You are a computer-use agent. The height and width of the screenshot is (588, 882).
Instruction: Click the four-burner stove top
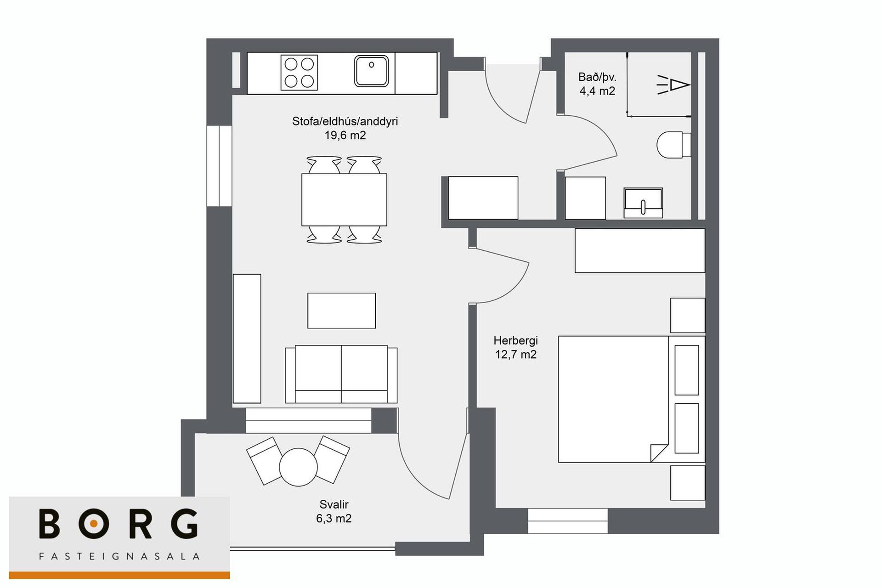(299, 73)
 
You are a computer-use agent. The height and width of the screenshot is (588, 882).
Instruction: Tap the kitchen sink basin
(372, 71)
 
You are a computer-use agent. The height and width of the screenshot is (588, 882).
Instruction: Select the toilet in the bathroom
(674, 145)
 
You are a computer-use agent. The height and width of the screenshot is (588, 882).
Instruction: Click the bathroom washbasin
(643, 203)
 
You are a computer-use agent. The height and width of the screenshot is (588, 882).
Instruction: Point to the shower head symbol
(674, 85)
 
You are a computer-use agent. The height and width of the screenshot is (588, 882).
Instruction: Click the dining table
(344, 200)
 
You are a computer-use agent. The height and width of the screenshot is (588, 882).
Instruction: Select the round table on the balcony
(299, 467)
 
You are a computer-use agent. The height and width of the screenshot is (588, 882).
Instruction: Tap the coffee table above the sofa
(342, 311)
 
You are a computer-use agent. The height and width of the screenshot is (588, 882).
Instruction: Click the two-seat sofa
(341, 374)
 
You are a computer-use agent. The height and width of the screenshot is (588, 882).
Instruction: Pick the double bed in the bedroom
(632, 399)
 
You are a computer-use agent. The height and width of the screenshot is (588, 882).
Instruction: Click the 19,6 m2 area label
(345, 136)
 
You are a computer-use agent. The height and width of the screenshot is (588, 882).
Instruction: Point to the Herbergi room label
(515, 341)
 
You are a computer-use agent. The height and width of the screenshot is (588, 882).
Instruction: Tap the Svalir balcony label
(334, 504)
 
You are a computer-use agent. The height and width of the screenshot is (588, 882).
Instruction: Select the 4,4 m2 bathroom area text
(597, 91)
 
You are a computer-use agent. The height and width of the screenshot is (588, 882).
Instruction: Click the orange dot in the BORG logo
(94, 523)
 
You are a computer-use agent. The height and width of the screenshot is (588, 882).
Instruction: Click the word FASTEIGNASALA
(119, 557)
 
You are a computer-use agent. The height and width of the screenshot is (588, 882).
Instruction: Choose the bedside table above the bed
(688, 315)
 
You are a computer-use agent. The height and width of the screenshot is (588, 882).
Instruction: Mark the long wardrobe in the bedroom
(640, 251)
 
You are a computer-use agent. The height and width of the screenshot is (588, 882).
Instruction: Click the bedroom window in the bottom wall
(568, 521)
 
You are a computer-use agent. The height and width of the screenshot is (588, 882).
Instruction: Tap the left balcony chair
(265, 461)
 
